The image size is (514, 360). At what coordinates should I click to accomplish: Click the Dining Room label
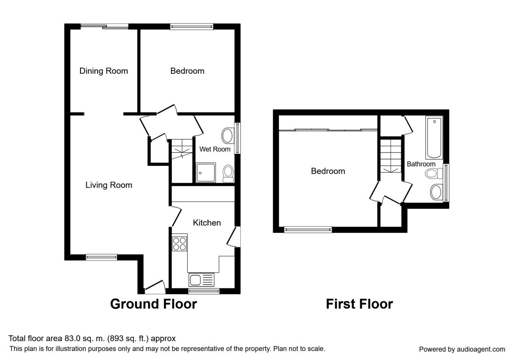[x=104, y=71]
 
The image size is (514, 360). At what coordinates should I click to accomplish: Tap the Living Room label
[x=109, y=185]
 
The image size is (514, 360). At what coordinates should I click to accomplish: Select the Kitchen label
[x=207, y=223]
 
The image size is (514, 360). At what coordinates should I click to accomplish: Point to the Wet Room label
[x=215, y=149]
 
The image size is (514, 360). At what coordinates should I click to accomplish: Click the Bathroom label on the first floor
[x=421, y=164]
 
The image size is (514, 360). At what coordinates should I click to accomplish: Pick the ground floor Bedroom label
[x=187, y=71]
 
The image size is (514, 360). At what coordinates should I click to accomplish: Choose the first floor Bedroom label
[x=328, y=171]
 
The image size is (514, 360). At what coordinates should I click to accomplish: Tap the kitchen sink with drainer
[x=201, y=280]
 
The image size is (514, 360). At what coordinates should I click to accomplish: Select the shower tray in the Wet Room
[x=206, y=173]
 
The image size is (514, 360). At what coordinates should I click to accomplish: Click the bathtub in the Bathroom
[x=434, y=137]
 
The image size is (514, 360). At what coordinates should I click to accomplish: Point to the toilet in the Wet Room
[x=228, y=174]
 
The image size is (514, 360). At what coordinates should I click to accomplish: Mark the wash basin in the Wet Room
[x=227, y=136]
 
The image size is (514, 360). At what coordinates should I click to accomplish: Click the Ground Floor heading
[x=153, y=304]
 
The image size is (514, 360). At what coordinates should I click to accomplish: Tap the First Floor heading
[x=359, y=304]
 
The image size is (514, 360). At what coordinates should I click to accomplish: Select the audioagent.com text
[x=481, y=349]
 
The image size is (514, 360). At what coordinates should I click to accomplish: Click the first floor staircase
[x=391, y=156]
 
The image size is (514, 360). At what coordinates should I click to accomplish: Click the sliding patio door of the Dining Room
[x=105, y=27]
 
